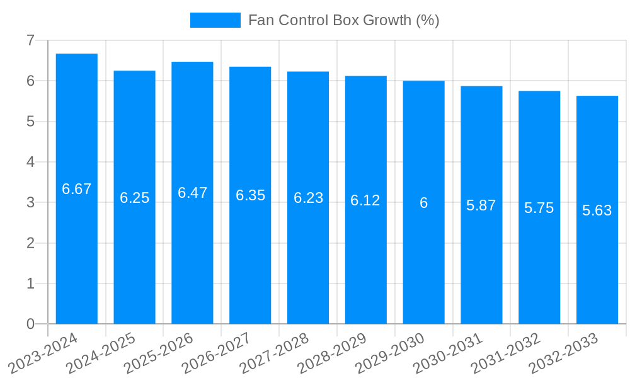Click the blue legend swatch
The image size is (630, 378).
[x=215, y=20]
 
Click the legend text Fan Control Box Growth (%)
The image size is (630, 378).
[x=343, y=20]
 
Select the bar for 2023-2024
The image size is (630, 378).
[x=77, y=189]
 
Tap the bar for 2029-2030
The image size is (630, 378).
[x=424, y=202]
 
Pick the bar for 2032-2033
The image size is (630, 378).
[x=597, y=210]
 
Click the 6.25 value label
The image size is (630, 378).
[x=135, y=198]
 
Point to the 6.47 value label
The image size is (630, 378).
[x=192, y=193]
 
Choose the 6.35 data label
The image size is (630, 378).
[x=250, y=195]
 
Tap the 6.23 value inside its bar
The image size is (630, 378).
[x=308, y=198]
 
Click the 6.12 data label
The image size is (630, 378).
[x=365, y=200]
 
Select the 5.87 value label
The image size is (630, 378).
[x=481, y=205]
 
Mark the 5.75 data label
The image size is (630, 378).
[x=539, y=208]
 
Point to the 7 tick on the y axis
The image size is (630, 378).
[x=30, y=40]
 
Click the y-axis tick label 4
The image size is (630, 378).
[x=30, y=162]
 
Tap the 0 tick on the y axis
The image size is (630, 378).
[x=30, y=324]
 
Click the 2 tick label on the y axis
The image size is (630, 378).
[x=30, y=243]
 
